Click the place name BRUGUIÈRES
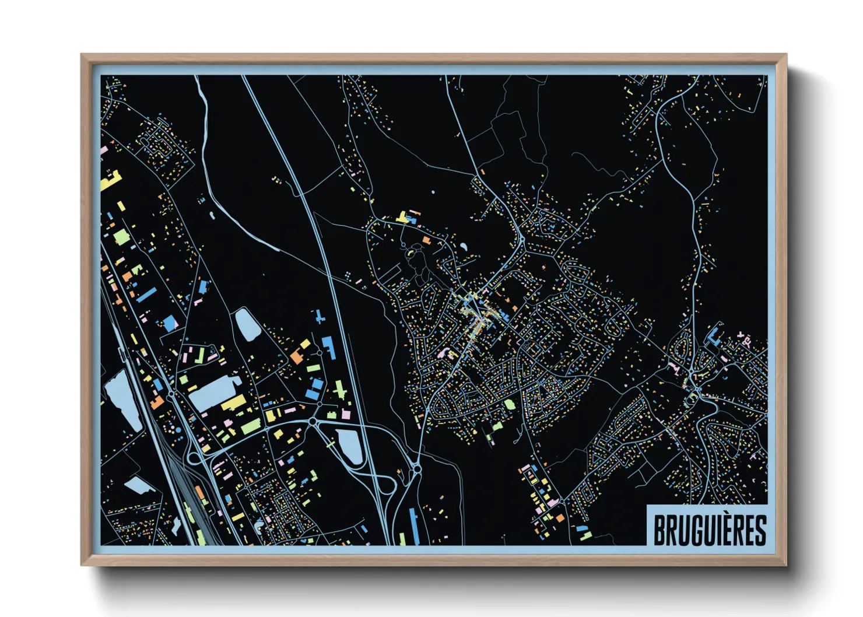coord(709,530)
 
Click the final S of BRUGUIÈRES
coord(760,530)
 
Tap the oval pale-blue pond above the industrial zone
coord(247,324)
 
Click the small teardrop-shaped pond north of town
coord(463,247)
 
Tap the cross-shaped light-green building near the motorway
coord(340,389)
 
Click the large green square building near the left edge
coord(121,237)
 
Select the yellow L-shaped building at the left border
coord(110,181)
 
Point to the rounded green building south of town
coord(510,404)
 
